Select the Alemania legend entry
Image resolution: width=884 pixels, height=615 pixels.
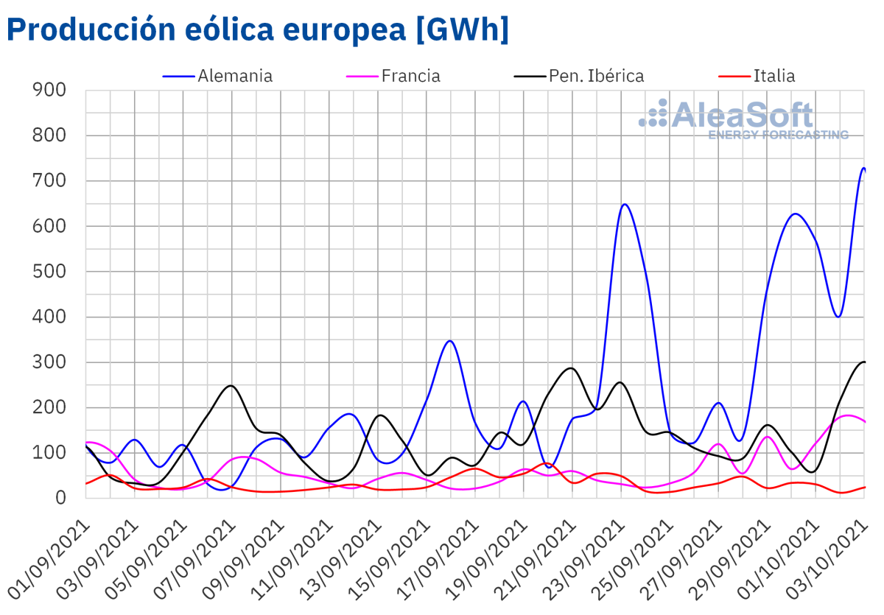click(234, 76)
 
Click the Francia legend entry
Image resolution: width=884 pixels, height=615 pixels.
click(410, 76)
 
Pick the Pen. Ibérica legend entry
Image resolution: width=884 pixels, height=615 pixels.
click(596, 76)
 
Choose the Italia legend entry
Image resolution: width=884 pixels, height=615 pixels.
click(774, 76)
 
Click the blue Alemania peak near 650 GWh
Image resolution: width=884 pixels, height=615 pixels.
click(625, 204)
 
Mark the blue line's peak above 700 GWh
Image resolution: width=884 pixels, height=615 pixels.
click(863, 168)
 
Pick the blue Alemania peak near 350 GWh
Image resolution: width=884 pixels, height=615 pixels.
click(450, 340)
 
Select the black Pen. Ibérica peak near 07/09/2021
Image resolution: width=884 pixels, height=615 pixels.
click(231, 385)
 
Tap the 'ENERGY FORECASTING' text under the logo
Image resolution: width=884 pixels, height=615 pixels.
click(778, 135)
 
